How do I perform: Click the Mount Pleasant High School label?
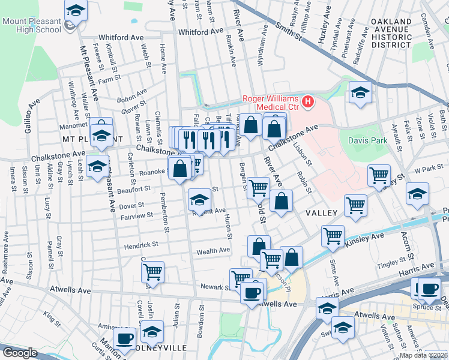click(32, 26)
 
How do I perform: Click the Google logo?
click(19, 353)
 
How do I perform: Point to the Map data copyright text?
click(423, 355)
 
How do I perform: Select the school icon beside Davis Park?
click(360, 92)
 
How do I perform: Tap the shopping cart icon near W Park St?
click(379, 175)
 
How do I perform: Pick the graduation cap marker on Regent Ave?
click(199, 198)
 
